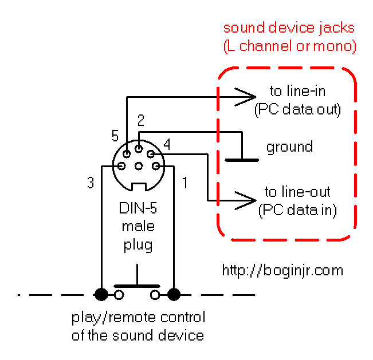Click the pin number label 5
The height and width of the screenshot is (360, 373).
coord(115,136)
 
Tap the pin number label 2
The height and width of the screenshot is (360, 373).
coord(141,120)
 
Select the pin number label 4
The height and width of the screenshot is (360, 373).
coord(167,144)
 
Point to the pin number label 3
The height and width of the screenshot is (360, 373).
coord(91,183)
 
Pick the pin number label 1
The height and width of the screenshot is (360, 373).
coord(185,183)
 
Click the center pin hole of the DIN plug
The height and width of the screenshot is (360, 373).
coord(139,166)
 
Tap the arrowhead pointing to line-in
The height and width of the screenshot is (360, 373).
coord(245,97)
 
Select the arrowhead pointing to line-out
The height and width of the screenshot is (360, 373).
coord(245,201)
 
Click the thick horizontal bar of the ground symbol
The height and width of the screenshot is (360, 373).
coord(242,160)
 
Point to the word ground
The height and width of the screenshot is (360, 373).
coord(289,147)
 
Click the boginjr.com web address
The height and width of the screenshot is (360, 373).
coord(282,270)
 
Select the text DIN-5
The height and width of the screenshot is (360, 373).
coord(138,208)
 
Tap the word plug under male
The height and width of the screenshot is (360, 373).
coord(138,245)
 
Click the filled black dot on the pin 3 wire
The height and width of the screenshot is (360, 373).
coord(101,295)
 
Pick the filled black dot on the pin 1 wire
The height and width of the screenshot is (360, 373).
coord(174,295)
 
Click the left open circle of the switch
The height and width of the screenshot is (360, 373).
coord(119,295)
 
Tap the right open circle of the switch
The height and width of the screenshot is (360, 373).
coord(155,295)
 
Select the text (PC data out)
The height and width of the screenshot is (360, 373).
coord(297,109)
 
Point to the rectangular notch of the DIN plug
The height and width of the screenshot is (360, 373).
coord(139,187)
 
